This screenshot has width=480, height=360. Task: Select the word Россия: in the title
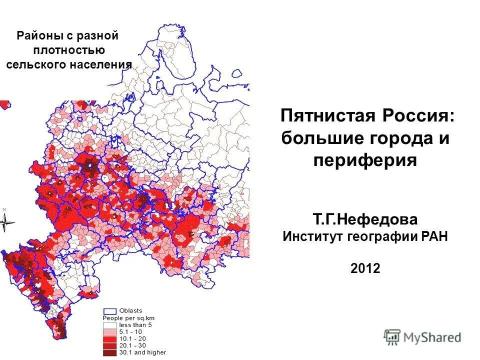(x=419, y=116)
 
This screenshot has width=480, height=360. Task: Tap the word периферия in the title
(x=365, y=160)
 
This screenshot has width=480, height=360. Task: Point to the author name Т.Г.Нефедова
(x=365, y=219)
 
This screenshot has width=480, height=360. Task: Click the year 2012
(x=365, y=268)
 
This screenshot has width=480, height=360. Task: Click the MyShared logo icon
(x=392, y=337)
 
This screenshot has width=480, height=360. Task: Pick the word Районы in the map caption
(x=36, y=36)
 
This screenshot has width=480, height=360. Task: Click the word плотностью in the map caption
(x=69, y=50)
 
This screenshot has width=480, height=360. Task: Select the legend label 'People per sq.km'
(x=127, y=318)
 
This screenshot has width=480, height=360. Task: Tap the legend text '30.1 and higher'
(x=142, y=352)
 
